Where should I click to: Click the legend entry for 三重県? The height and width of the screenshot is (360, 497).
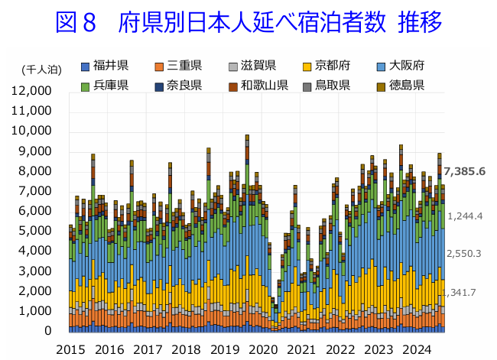pos(179,64)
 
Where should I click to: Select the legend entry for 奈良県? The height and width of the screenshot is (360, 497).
pos(179,85)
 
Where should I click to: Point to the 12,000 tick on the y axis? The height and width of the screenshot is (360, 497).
pos(32,91)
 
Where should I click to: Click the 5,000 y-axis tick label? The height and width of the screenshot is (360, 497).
pos(36,231)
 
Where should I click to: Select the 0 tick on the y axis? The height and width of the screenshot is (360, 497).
pos(47,331)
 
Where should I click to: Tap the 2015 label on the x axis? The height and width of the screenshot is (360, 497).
pos(70,349)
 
